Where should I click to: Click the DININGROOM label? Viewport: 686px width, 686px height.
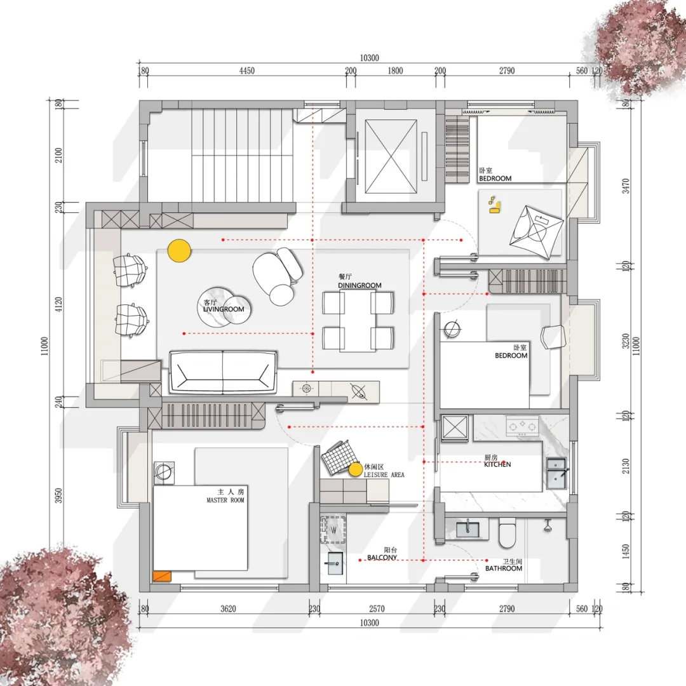click(360, 285)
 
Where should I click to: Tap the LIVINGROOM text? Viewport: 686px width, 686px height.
click(224, 309)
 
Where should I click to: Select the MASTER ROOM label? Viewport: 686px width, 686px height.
click(225, 500)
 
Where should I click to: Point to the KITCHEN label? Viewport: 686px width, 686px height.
click(497, 464)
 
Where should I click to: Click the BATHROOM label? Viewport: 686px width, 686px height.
click(504, 568)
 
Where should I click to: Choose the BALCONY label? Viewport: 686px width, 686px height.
click(382, 558)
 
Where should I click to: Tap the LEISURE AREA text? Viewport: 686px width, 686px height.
click(384, 474)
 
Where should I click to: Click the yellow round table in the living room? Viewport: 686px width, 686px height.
click(179, 251)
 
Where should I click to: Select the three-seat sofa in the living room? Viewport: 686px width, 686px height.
click(223, 372)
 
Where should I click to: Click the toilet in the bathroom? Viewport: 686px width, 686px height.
click(508, 532)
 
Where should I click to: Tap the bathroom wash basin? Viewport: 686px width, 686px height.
click(467, 528)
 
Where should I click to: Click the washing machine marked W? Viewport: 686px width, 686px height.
click(333, 530)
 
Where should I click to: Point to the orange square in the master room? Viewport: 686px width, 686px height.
click(161, 577)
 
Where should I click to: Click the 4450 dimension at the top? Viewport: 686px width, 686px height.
click(246, 71)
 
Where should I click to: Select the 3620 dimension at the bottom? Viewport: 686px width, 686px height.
click(229, 609)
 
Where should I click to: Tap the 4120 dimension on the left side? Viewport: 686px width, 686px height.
click(58, 304)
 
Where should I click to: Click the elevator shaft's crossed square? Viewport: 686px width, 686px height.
click(391, 157)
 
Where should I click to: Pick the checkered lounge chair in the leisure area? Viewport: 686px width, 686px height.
click(336, 457)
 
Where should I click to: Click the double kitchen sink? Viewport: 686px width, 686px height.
click(556, 474)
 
